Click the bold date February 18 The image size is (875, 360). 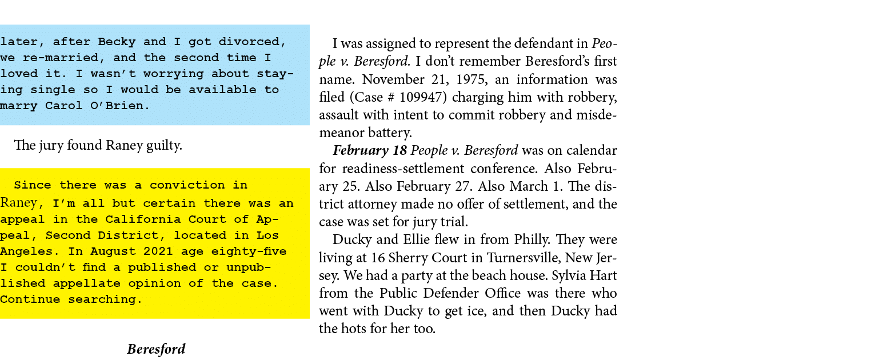click(369, 151)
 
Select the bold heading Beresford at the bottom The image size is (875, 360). click(156, 349)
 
